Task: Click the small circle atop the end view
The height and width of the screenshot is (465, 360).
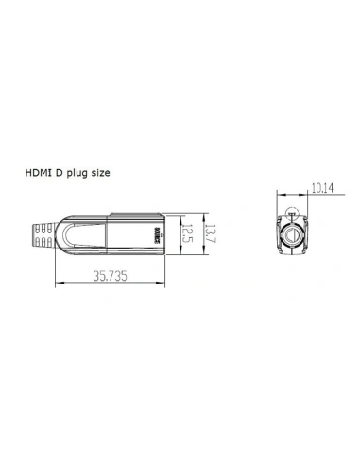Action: click(x=293, y=214)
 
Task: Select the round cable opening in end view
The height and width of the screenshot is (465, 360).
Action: click(x=293, y=234)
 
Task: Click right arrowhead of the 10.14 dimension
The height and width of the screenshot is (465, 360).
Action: click(x=308, y=195)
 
